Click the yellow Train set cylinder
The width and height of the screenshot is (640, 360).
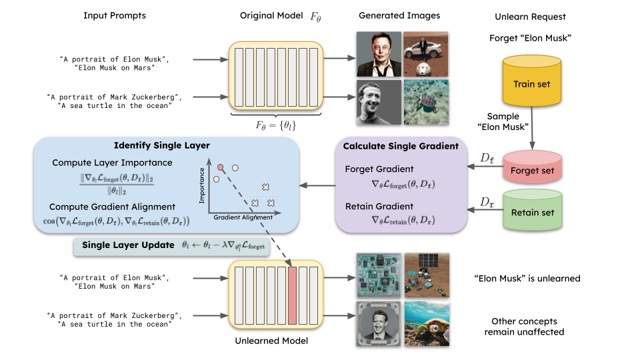pos(531,85)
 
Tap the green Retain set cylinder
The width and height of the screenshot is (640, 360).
pos(531,212)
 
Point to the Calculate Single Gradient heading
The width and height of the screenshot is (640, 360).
pos(400,146)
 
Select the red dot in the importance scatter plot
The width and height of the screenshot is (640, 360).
pos(220,167)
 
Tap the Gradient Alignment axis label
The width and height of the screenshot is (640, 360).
pos(243,217)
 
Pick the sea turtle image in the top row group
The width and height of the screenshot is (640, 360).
pos(425,102)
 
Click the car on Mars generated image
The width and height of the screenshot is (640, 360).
pos(425,55)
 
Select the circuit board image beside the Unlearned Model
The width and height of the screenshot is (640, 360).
pos(377,275)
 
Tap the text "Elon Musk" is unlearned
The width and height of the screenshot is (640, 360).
pos(527,278)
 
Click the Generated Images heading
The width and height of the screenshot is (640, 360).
pos(399,15)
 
